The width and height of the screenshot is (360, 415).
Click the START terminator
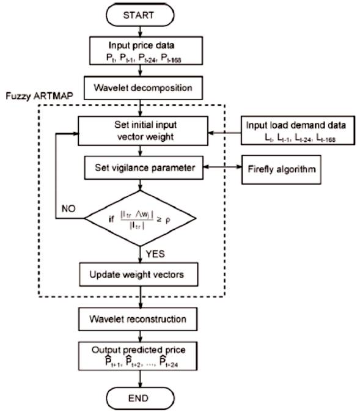coord(141,15)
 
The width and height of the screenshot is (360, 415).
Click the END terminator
coord(141,399)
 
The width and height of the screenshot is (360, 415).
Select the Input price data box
coord(141,51)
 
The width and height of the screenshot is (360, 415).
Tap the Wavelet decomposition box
coord(141,87)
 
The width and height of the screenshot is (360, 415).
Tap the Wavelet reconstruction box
coord(141,319)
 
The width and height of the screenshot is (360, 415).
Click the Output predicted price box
coord(141,356)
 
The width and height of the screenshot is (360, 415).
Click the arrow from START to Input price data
coord(141,31)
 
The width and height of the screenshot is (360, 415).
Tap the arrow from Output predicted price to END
coord(141,379)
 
